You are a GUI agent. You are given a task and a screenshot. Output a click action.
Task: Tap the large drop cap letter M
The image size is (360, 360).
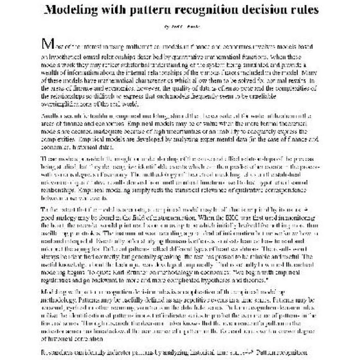46,44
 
